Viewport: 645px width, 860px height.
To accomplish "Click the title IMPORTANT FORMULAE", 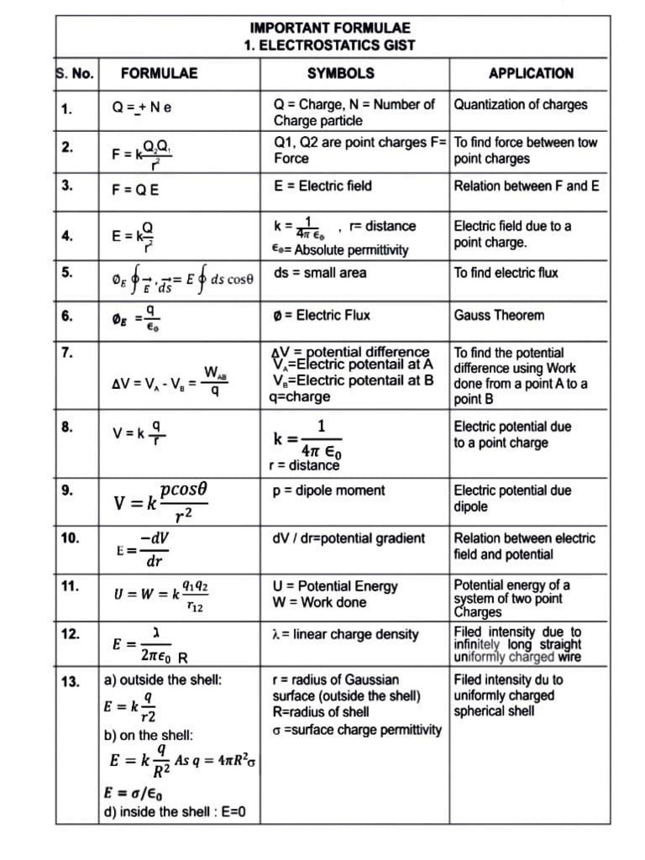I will [330, 27].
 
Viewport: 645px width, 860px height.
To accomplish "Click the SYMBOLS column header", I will [340, 73].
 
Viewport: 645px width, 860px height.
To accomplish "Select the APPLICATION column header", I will [531, 73].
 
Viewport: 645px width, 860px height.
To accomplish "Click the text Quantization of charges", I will [521, 105].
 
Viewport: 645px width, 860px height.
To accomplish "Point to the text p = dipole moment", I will [329, 490].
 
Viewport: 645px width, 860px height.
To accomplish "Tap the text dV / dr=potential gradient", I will [349, 538].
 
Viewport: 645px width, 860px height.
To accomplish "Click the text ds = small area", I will [320, 273].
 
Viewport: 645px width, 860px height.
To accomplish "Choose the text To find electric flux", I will [506, 273].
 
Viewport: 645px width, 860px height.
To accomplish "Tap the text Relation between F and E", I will [527, 186].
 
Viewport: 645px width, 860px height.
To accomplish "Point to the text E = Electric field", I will [322, 186].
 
